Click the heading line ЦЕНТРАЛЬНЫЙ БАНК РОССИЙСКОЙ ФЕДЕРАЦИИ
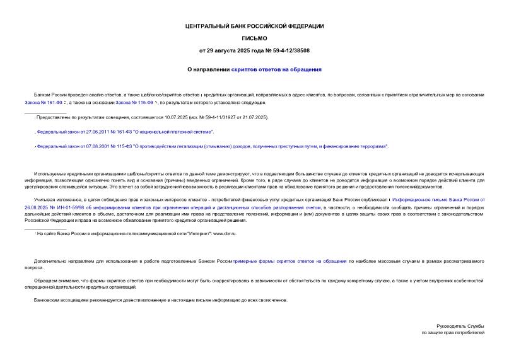click(254, 26)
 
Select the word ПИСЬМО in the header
click(254, 38)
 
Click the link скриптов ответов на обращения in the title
click(276, 69)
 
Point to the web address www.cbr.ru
click(225, 234)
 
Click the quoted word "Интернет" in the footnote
click(187, 234)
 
